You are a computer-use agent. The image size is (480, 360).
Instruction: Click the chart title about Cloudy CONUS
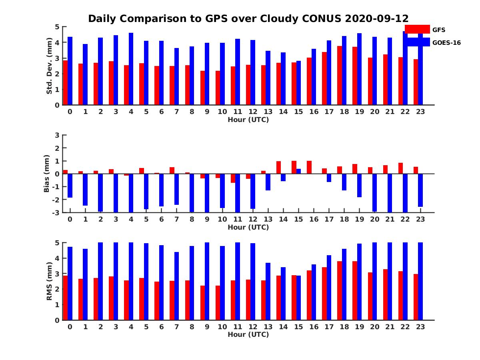[248, 19]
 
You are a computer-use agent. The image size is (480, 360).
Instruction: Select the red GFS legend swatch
[417, 29]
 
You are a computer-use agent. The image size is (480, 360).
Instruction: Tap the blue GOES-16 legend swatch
[417, 42]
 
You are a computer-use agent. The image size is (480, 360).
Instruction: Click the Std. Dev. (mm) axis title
[49, 66]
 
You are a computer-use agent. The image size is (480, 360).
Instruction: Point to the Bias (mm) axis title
[47, 174]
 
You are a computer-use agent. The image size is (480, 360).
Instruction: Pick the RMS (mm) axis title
[49, 281]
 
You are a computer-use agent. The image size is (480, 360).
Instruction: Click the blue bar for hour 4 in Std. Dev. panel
[131, 69]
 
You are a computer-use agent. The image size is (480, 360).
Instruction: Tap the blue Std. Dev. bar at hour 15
[298, 83]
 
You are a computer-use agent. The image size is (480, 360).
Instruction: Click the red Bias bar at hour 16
[309, 167]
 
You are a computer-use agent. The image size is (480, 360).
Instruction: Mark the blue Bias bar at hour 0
[70, 186]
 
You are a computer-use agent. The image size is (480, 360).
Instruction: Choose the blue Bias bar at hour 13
[268, 182]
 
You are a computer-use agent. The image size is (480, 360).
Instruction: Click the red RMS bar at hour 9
[202, 303]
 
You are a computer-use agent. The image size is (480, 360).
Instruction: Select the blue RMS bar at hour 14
[283, 294]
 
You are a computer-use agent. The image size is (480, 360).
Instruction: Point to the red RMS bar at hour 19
[355, 291]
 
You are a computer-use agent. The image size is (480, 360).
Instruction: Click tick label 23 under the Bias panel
[420, 219]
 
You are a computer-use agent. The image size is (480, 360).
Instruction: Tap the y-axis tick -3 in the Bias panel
[56, 212]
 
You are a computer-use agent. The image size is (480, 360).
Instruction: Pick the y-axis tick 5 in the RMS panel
[57, 243]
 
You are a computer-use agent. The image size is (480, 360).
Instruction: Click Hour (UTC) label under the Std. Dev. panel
[248, 120]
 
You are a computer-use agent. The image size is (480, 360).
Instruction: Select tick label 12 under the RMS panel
[253, 326]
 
